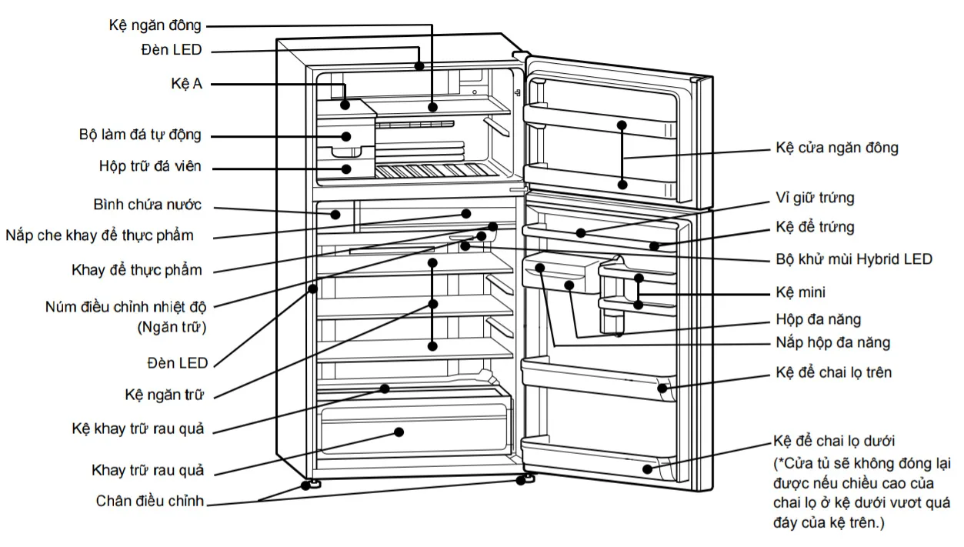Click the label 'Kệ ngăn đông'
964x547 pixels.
(155, 25)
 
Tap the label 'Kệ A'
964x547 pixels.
(186, 83)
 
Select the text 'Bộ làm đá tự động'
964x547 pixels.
(140, 135)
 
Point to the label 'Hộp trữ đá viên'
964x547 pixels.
(151, 166)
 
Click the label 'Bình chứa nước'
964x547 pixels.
(147, 205)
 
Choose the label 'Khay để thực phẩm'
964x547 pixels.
(137, 270)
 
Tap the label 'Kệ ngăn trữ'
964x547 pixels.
(164, 395)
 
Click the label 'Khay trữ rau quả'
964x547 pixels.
(148, 470)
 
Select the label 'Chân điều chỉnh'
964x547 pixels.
(150, 502)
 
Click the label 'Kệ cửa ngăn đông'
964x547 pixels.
(836, 148)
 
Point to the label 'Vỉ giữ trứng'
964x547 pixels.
(815, 198)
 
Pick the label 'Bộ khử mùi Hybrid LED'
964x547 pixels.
(854, 259)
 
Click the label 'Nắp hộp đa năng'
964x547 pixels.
(832, 343)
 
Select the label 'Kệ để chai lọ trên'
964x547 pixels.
(834, 373)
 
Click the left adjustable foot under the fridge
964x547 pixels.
(314, 484)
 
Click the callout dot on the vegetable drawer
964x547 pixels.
(399, 432)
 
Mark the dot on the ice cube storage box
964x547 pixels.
(346, 168)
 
